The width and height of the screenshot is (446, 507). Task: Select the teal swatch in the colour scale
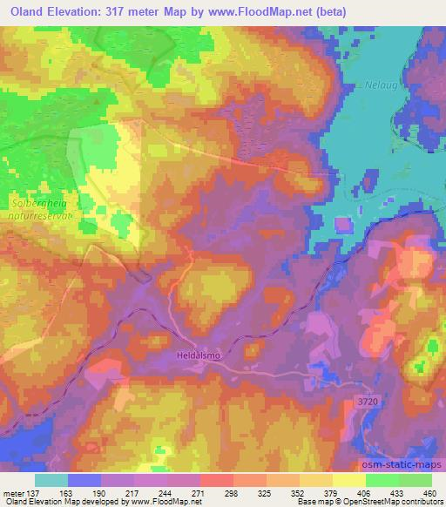tap(52, 479)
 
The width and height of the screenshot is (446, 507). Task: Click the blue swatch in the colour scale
tap(85, 479)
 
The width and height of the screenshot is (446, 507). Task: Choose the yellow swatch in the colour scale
tap(349, 479)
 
